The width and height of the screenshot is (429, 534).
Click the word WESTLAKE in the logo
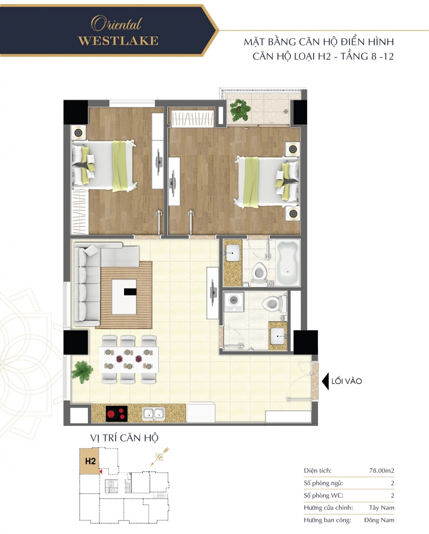coord(118,41)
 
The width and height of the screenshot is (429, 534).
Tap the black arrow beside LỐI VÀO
coord(325,381)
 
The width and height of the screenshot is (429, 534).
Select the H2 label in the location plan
coord(90,461)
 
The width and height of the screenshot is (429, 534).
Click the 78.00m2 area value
coord(381,470)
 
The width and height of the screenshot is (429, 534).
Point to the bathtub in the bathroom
coord(288,263)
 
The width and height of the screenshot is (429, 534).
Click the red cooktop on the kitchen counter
coord(116,414)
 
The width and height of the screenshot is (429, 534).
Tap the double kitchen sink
coord(153,414)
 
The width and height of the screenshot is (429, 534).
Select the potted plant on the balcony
coord(240,110)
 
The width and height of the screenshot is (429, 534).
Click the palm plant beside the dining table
coord(82,372)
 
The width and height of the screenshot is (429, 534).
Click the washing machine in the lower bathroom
coord(234,302)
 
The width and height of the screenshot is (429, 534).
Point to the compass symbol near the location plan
coord(159,457)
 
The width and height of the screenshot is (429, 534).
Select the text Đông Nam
coord(379,520)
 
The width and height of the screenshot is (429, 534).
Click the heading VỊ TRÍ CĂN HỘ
coord(124,438)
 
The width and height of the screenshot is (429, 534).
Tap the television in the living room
coord(213,293)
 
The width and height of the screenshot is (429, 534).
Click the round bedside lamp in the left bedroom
coord(78,133)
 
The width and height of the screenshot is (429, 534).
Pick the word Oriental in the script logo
coord(116,24)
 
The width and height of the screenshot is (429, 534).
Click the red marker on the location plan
coord(100,471)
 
